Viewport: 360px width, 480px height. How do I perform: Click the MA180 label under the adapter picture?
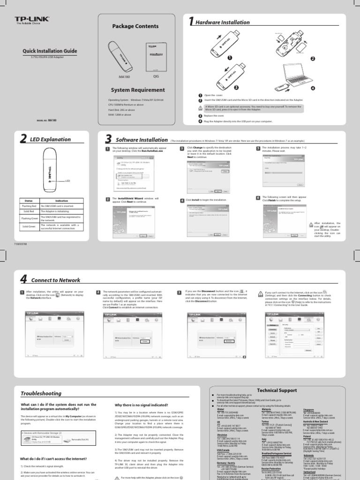coord(124,75)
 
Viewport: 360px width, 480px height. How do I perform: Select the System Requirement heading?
coord(133,89)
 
